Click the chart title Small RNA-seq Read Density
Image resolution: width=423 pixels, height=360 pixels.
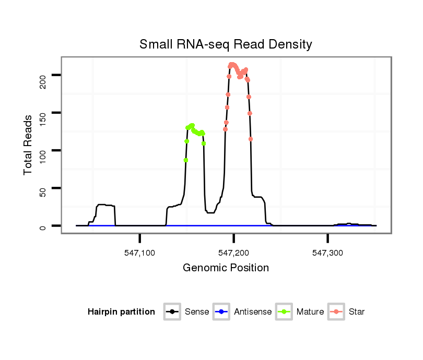pyautogui.click(x=226, y=44)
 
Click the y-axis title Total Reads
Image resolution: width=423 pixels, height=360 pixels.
pyautogui.click(x=29, y=145)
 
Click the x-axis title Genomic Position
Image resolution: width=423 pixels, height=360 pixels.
pyautogui.click(x=226, y=268)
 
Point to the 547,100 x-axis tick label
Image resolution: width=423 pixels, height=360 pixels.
pyautogui.click(x=140, y=253)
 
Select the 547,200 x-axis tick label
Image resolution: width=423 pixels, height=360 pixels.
pyautogui.click(x=234, y=253)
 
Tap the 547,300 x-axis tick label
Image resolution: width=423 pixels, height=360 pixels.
pyautogui.click(x=328, y=253)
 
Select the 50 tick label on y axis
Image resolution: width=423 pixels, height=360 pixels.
pyautogui.click(x=43, y=188)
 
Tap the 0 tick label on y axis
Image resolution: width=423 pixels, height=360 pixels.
pyautogui.click(x=43, y=226)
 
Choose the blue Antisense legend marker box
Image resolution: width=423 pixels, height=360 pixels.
pyautogui.click(x=221, y=312)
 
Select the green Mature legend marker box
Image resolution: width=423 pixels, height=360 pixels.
pyautogui.click(x=284, y=312)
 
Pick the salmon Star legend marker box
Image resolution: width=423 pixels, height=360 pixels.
pyautogui.click(x=336, y=312)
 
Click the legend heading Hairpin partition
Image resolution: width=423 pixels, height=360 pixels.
pyautogui.click(x=121, y=312)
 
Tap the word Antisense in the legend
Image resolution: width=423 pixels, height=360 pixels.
pyautogui.click(x=253, y=312)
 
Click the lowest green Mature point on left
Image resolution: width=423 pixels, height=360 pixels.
pyautogui.click(x=185, y=160)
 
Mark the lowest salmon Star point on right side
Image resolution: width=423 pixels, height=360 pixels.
pyautogui.click(x=251, y=139)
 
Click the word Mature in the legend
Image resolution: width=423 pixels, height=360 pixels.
pyautogui.click(x=310, y=312)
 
